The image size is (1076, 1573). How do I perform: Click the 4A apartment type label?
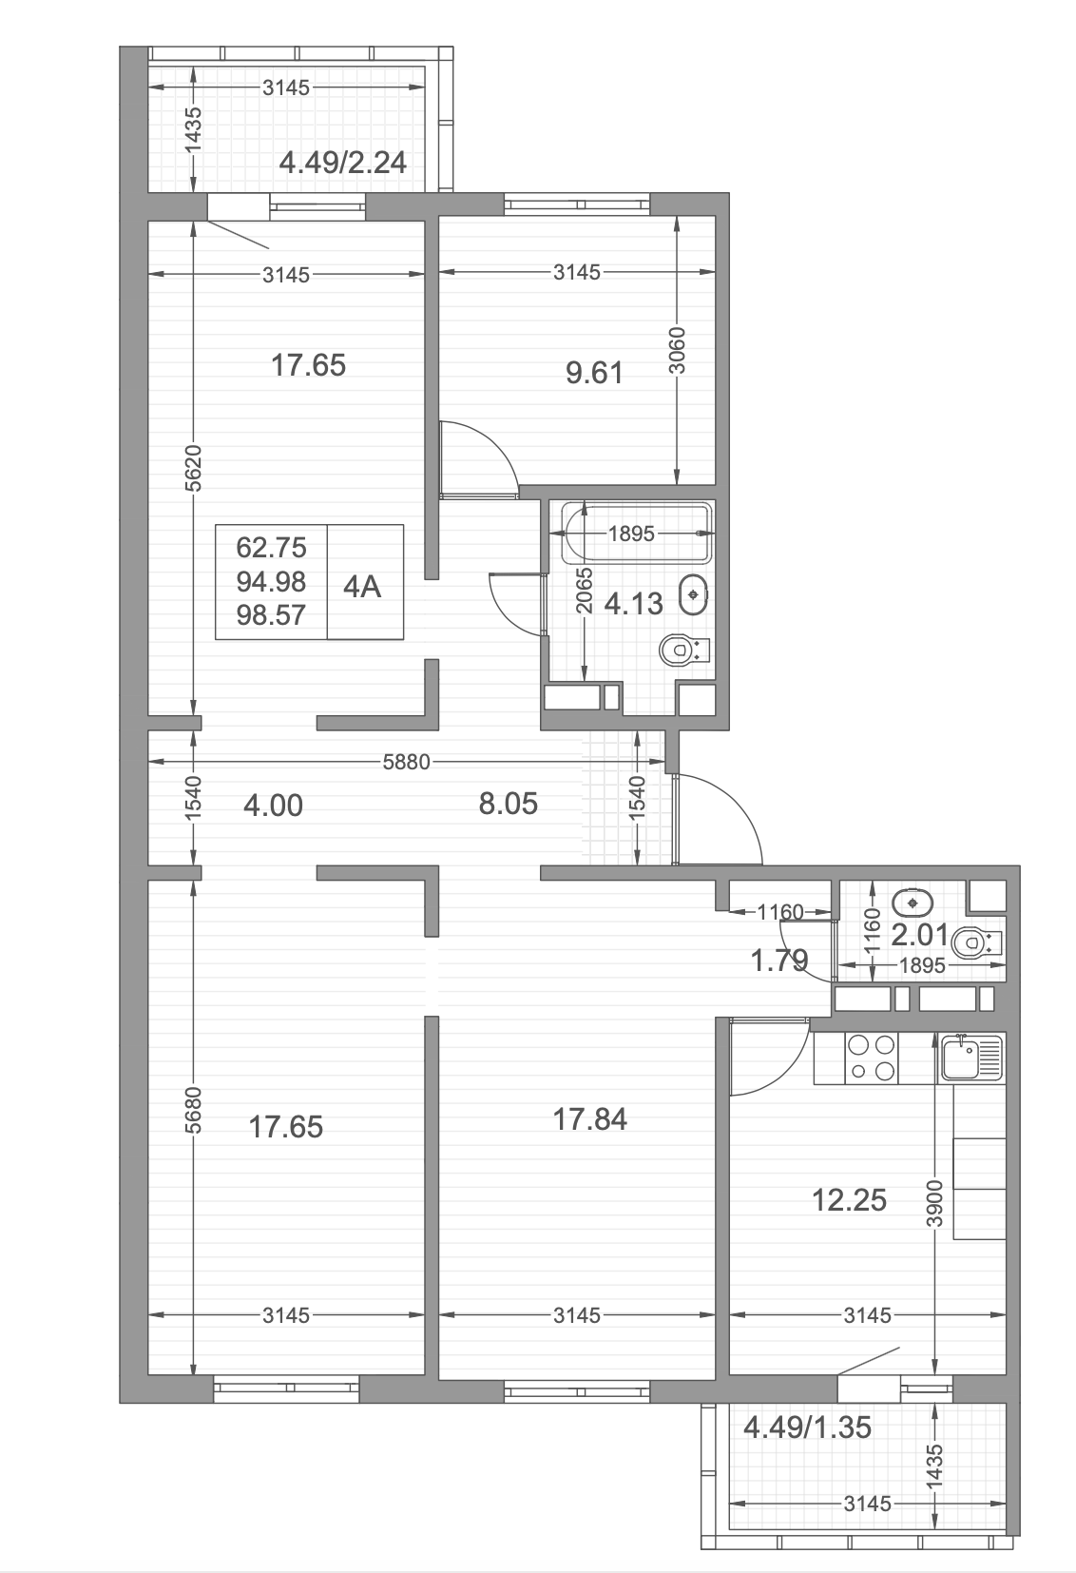coord(361,587)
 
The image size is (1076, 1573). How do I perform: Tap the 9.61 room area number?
coord(594,373)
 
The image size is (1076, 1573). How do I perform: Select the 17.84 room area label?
coord(589,1119)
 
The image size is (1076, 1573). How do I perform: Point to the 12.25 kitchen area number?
coord(849,1200)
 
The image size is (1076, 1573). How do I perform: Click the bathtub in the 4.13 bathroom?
coord(638,533)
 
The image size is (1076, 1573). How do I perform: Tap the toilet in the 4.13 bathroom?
coord(685,650)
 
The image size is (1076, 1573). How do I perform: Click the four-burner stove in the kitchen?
coord(871,1058)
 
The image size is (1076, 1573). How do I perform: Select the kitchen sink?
coord(971,1058)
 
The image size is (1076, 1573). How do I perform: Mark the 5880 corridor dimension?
coord(406,762)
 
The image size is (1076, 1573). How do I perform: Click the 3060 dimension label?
coord(677,351)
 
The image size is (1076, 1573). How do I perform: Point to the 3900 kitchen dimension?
coord(934,1203)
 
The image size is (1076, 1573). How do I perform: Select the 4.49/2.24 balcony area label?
coord(342,163)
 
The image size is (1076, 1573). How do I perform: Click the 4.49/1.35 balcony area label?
coord(807,1427)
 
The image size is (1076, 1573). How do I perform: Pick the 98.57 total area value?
coord(271,615)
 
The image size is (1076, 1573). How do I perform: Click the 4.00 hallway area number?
coord(273,806)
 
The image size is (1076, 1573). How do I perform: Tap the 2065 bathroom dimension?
coord(584,592)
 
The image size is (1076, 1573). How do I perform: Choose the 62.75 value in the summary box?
coord(271,547)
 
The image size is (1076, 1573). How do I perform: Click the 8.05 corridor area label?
coord(509,804)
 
